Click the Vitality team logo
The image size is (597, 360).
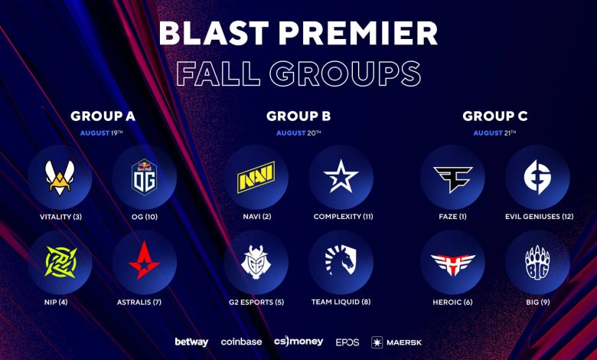(x=60, y=178)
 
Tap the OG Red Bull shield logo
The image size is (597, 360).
(x=145, y=177)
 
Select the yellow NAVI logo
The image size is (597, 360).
(x=256, y=177)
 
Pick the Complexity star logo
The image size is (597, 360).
(x=341, y=176)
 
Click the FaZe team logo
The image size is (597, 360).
(x=452, y=179)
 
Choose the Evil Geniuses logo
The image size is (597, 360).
(x=537, y=177)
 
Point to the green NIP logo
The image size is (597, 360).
(x=61, y=262)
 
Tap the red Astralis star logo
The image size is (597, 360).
(x=144, y=260)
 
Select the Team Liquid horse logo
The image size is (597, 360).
(x=341, y=260)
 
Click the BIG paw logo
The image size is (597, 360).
(x=537, y=263)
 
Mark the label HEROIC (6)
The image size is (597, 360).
(x=452, y=302)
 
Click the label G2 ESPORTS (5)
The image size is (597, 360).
(x=256, y=302)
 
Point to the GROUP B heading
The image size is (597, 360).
(x=298, y=116)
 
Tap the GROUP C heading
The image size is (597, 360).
(x=495, y=116)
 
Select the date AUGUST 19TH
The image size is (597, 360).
(x=101, y=133)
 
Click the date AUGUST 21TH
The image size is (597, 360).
(x=494, y=133)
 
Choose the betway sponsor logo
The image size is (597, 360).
(x=191, y=342)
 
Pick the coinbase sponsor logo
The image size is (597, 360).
(x=241, y=342)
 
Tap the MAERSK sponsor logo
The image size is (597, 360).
(x=396, y=342)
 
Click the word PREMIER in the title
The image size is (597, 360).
(x=358, y=33)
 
